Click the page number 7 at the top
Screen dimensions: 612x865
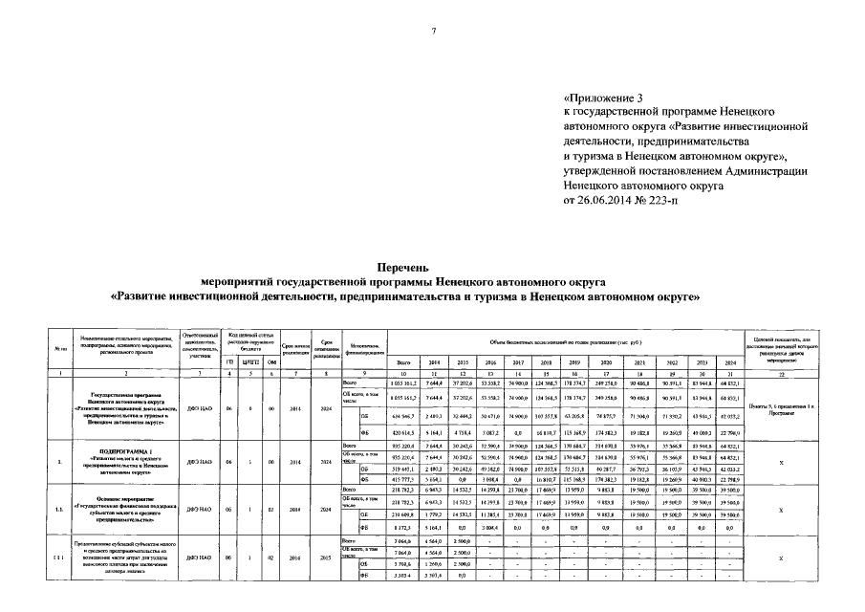433,32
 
